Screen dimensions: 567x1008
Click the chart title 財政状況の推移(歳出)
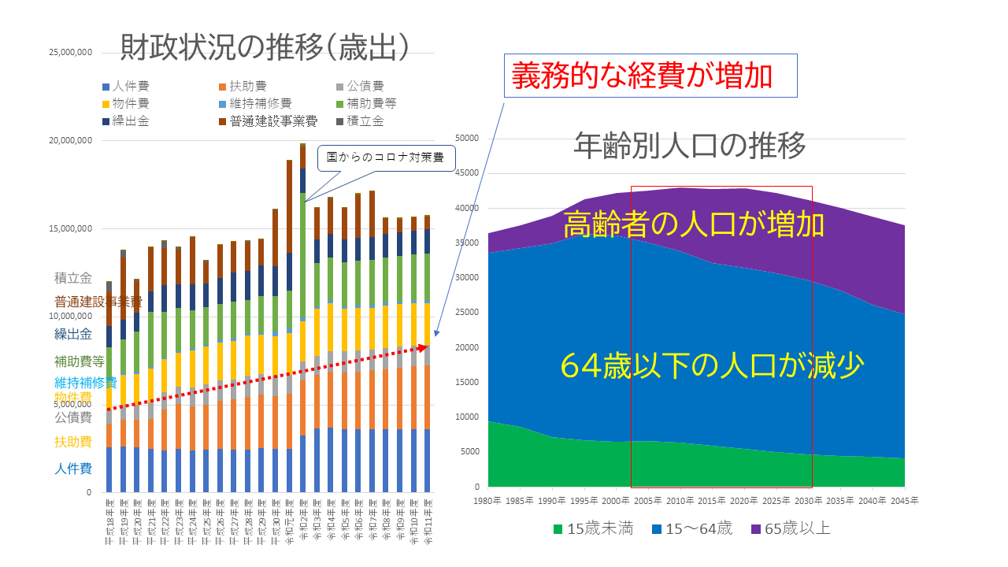coord(265,49)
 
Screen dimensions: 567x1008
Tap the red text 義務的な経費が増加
coord(642,76)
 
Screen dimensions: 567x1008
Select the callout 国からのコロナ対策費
coord(385,158)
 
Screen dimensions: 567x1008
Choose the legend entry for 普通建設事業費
coord(268,120)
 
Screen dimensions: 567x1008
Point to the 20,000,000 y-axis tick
coord(70,140)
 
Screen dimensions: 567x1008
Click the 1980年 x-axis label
coord(488,500)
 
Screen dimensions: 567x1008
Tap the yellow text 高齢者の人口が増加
coord(693,225)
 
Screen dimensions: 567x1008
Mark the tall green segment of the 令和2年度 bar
coord(303,252)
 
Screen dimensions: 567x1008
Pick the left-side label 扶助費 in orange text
coord(72,441)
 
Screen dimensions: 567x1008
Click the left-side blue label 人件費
coord(72,469)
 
